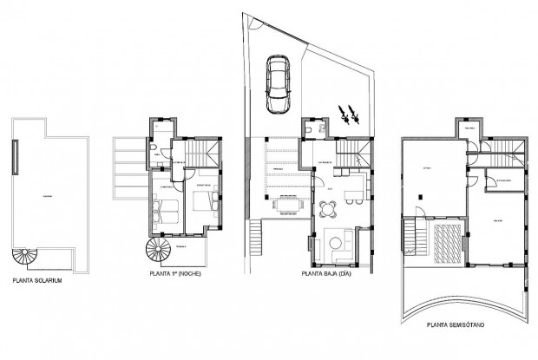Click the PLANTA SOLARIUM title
42,280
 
